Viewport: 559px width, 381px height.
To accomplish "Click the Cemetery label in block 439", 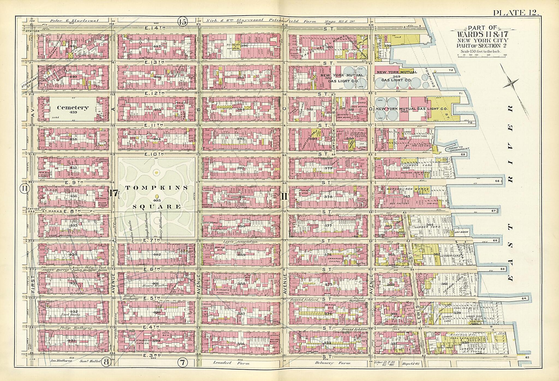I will click(73, 108).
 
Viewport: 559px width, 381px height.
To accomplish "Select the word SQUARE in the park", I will click(157, 207).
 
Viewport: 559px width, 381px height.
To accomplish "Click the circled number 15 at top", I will click(182, 22).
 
